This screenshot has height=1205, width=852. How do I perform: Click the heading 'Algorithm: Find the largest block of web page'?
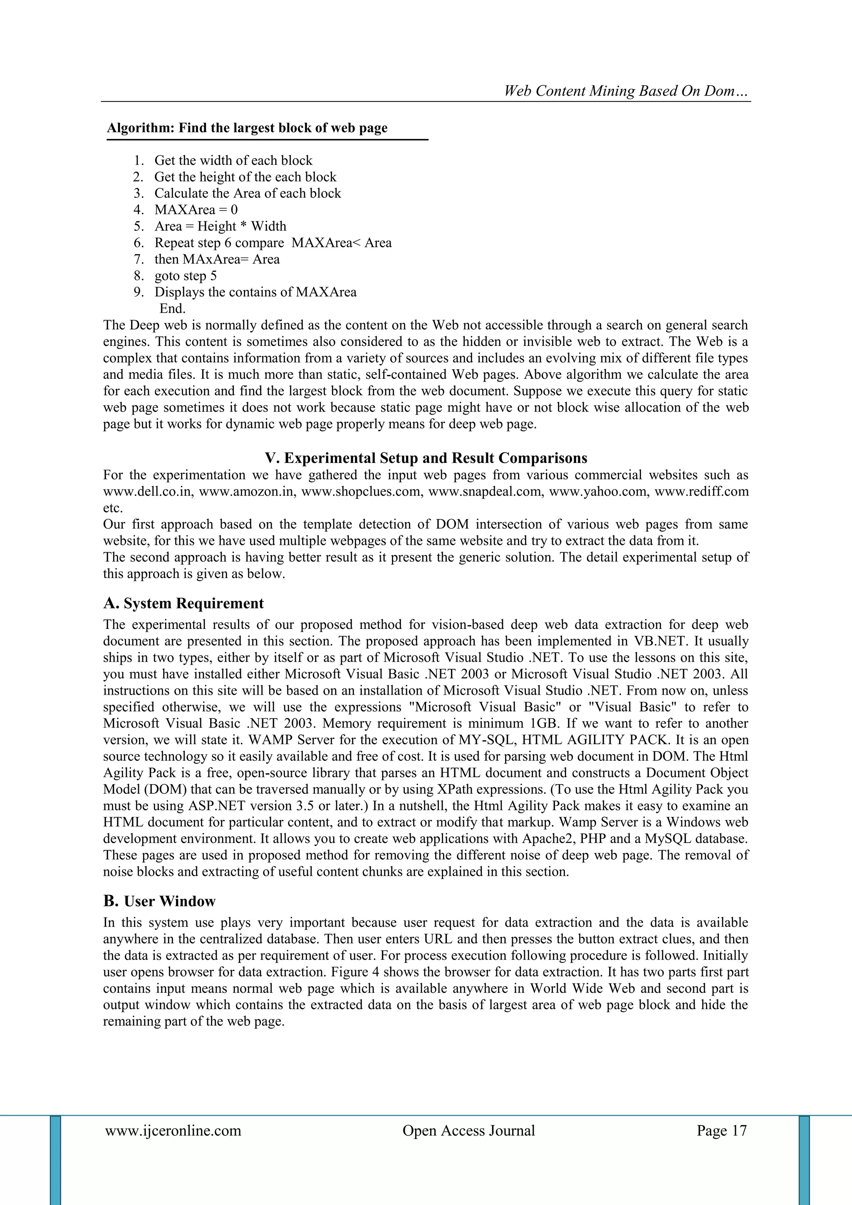coord(247,128)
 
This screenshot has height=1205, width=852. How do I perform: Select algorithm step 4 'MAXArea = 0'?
coord(196,210)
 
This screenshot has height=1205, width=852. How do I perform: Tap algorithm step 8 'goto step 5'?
coord(185,276)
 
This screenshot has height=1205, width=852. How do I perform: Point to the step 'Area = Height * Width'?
coord(220,226)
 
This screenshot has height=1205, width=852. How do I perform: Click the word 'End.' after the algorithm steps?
coord(173,308)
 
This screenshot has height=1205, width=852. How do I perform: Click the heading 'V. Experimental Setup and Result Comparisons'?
coord(426,458)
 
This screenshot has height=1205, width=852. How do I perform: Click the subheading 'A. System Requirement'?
coord(183,604)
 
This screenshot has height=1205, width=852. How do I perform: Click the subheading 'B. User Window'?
coord(159,901)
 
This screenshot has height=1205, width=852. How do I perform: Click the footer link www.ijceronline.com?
coord(173,1130)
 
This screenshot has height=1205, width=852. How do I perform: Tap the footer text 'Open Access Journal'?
coord(468,1130)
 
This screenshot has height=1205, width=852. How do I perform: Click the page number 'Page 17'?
coord(721,1130)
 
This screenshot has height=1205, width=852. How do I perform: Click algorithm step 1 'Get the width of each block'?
coord(233,161)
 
